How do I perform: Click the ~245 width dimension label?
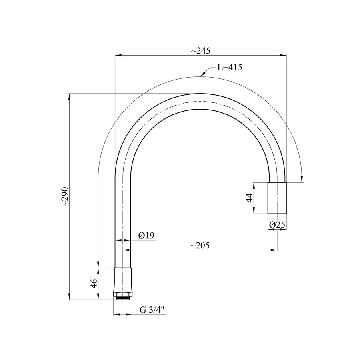tap(200, 51)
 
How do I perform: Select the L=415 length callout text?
tap(230, 67)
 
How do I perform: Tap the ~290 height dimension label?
tap(66, 197)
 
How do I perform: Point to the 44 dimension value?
tap(250, 198)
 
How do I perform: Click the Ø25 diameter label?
tap(277, 225)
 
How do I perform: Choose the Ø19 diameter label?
tap(146, 235)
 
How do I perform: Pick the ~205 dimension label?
tap(200, 246)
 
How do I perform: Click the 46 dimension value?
tap(94, 284)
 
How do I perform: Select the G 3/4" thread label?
tap(152, 310)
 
